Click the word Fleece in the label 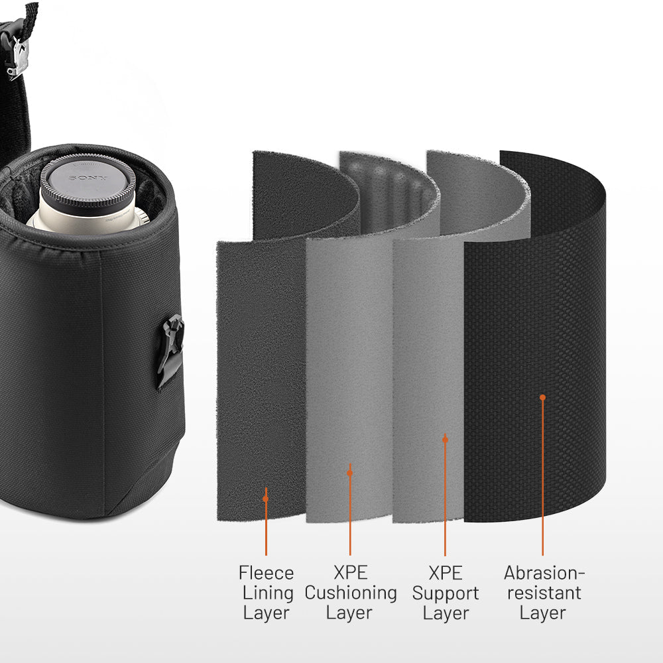[x=266, y=573]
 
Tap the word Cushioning [x=350, y=593]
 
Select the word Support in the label [x=445, y=593]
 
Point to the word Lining [x=266, y=593]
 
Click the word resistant [x=542, y=593]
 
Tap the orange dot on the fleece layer [x=266, y=499]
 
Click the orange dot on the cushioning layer [x=350, y=473]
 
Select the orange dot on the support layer [x=445, y=439]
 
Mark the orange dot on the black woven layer [x=542, y=397]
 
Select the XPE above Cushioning [x=350, y=573]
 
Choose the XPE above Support [x=445, y=573]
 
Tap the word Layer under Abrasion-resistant [x=542, y=613]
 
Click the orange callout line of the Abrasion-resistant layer [x=542, y=477]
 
